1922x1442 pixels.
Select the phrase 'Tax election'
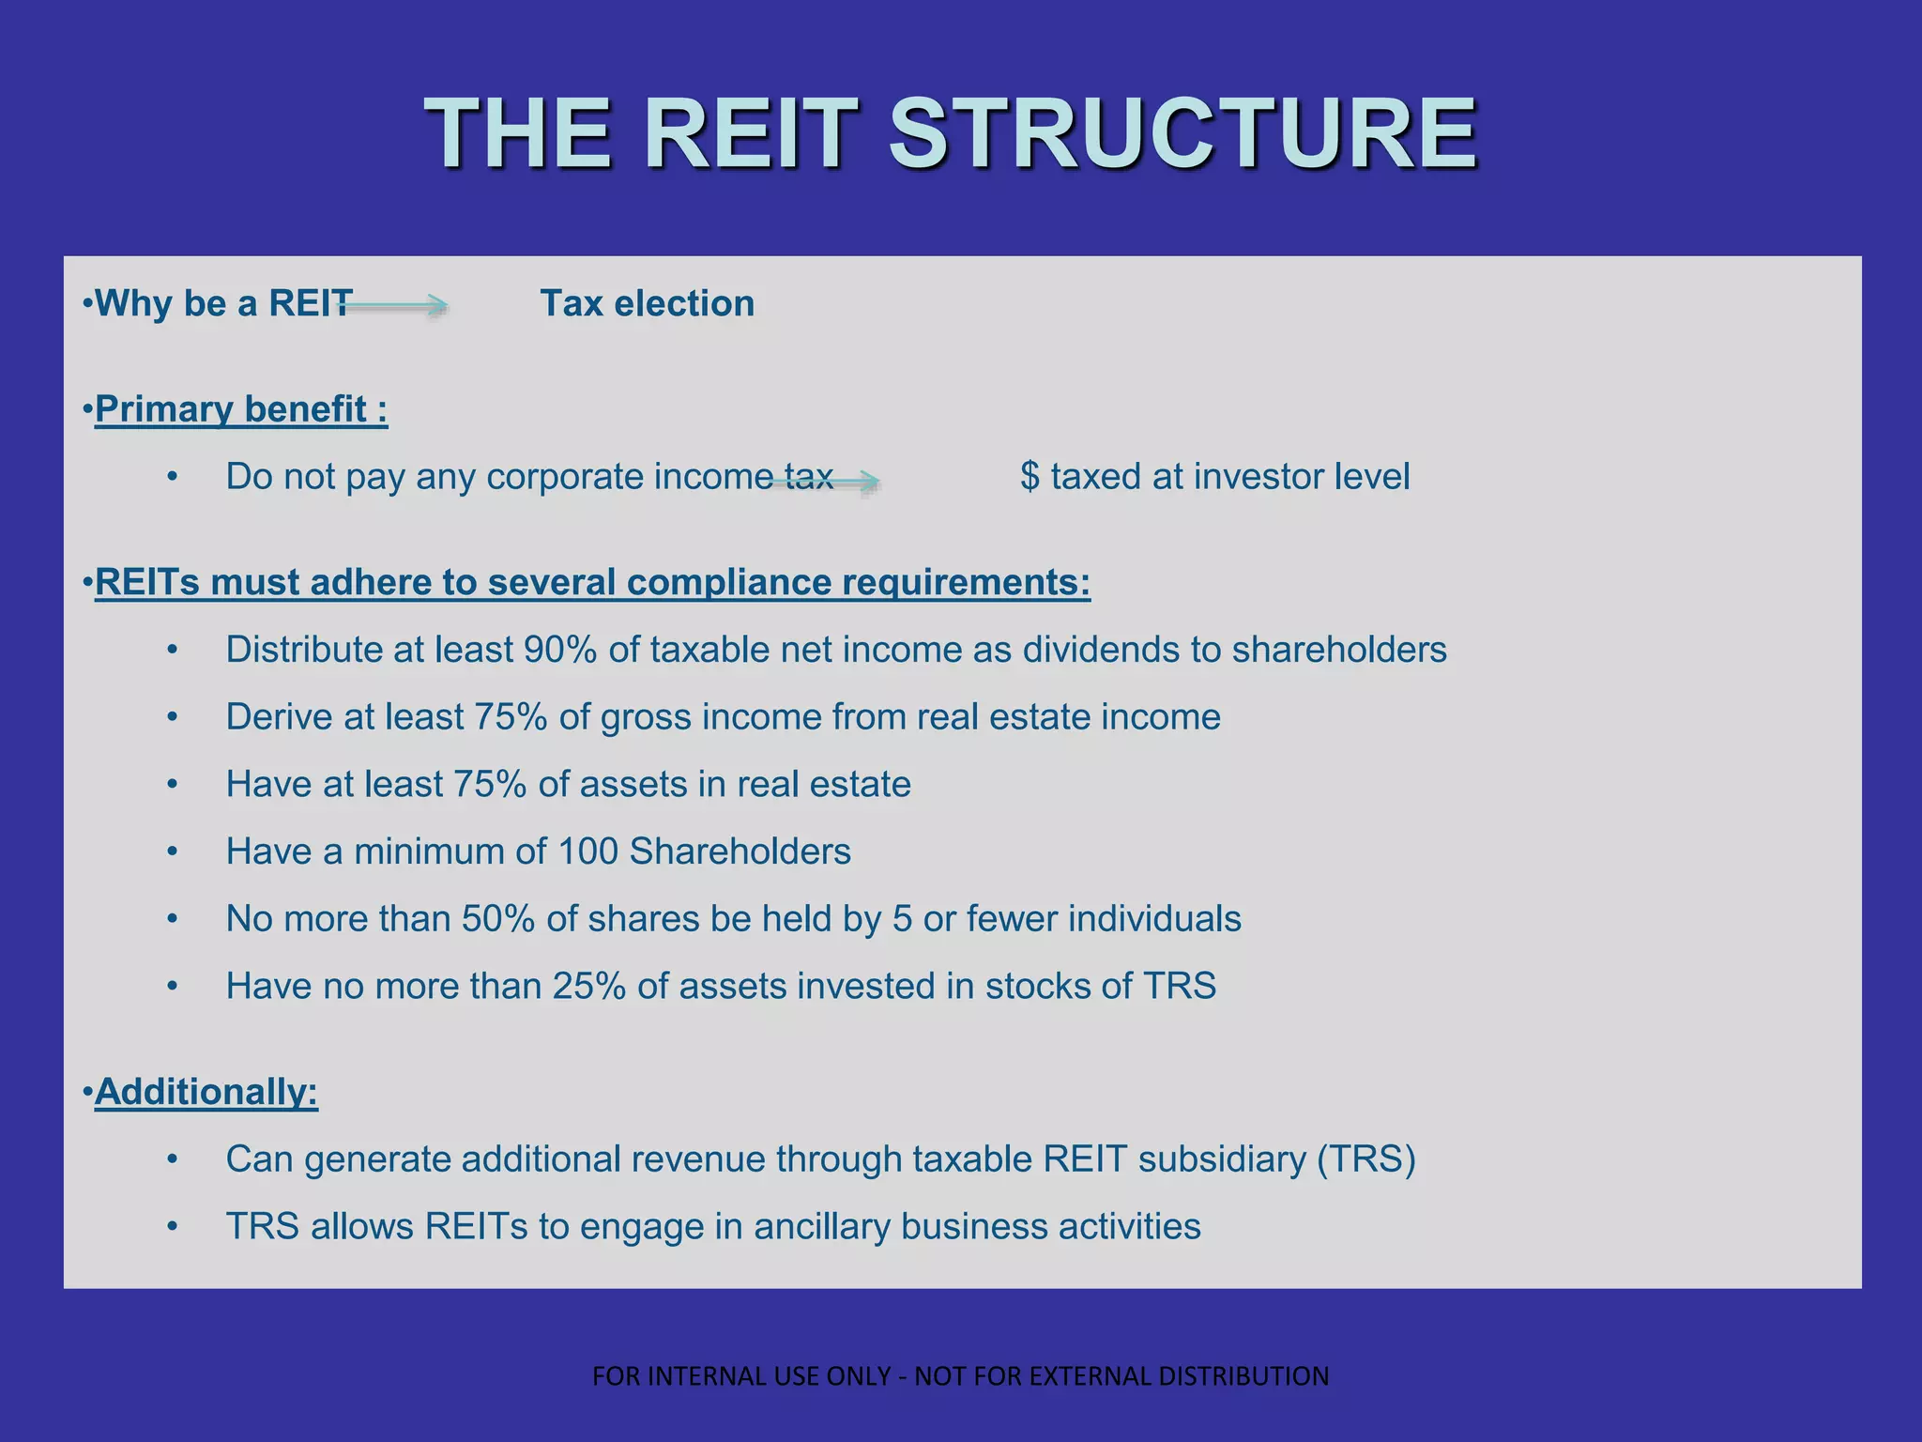(647, 304)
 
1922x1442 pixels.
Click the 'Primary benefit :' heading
(241, 409)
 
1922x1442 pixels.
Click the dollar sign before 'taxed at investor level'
(1030, 477)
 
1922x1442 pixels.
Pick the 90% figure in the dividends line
(559, 650)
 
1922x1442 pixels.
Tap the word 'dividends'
(1100, 650)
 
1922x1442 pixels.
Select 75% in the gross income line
(511, 717)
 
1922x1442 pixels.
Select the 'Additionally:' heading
(206, 1092)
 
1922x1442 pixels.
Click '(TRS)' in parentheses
(1365, 1159)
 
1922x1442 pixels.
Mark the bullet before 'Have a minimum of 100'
(172, 852)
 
